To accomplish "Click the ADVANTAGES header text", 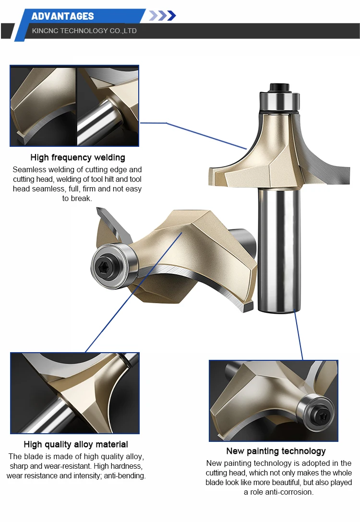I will tap(62, 16).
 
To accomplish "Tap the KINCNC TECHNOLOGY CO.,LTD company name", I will tap(84, 31).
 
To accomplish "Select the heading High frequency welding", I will tap(77, 157).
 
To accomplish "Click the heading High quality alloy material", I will tap(76, 444).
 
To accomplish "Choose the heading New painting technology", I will tap(276, 451).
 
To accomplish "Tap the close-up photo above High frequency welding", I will tap(74, 106).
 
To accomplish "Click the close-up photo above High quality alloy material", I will tap(75, 393).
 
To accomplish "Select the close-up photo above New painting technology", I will tap(273, 401).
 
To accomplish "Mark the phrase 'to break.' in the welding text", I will tap(77, 198).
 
